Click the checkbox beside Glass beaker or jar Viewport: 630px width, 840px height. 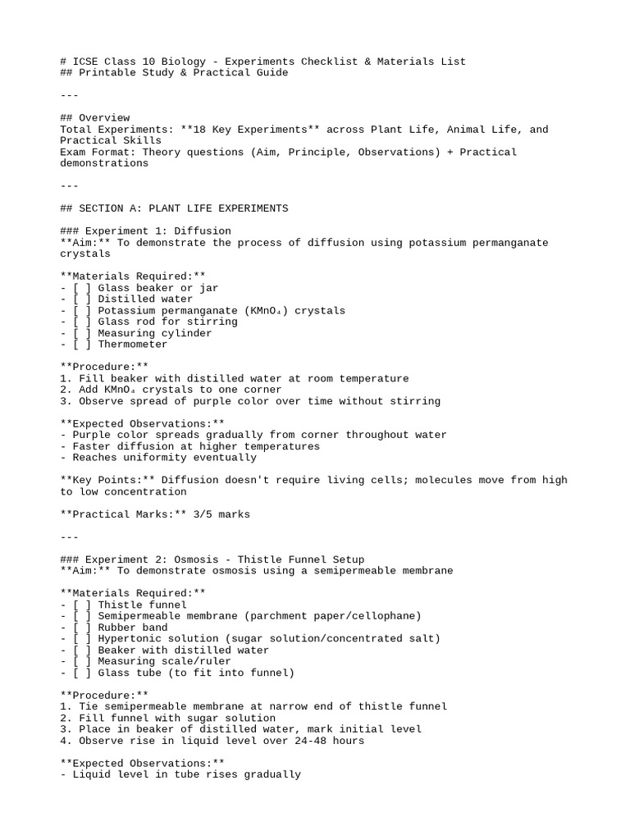click(82, 288)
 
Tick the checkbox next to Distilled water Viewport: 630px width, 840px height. click(82, 299)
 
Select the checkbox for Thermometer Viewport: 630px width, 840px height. click(82, 345)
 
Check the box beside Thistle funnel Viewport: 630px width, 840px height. click(82, 605)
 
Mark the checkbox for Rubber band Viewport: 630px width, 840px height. click(82, 628)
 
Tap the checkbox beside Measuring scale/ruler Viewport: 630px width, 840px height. click(82, 661)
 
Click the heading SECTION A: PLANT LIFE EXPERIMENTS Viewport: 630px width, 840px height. click(184, 208)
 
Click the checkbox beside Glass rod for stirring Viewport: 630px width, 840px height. click(82, 322)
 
